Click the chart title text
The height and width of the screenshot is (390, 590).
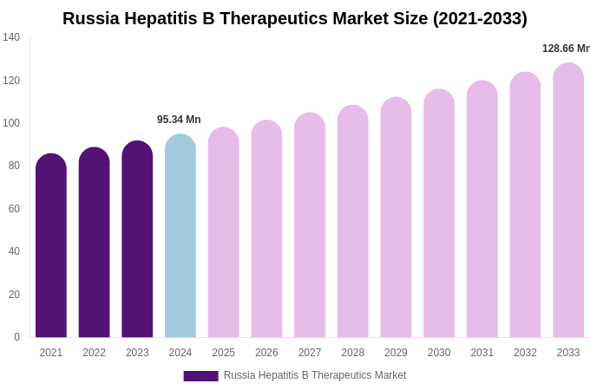pyautogui.click(x=294, y=18)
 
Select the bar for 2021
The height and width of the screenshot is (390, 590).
pyautogui.click(x=51, y=247)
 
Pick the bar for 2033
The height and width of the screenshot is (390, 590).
pyautogui.click(x=568, y=201)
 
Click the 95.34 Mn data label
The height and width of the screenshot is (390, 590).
pyautogui.click(x=179, y=120)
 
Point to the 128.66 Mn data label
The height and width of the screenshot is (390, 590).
pyautogui.click(x=565, y=49)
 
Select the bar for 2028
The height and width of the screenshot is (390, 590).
pyautogui.click(x=353, y=223)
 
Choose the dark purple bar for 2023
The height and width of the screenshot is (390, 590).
pyautogui.click(x=137, y=240)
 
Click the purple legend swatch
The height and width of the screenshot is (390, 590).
pyautogui.click(x=200, y=376)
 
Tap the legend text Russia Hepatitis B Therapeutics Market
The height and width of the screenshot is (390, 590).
pyautogui.click(x=315, y=375)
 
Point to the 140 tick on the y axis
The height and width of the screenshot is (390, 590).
pyautogui.click(x=11, y=37)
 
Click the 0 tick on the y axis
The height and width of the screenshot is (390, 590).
pyautogui.click(x=16, y=337)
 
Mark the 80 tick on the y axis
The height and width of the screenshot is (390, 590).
pyautogui.click(x=14, y=166)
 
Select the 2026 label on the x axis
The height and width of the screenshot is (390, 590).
pyautogui.click(x=266, y=353)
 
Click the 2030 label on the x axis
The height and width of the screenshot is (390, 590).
pyautogui.click(x=439, y=353)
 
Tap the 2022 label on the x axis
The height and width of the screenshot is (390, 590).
pyautogui.click(x=94, y=353)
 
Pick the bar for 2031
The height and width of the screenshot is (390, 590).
pyautogui.click(x=482, y=210)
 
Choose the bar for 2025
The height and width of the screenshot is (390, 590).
pyautogui.click(x=224, y=233)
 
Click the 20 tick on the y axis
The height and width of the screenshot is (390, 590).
pyautogui.click(x=14, y=295)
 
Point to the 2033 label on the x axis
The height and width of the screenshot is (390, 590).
pyautogui.click(x=568, y=353)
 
